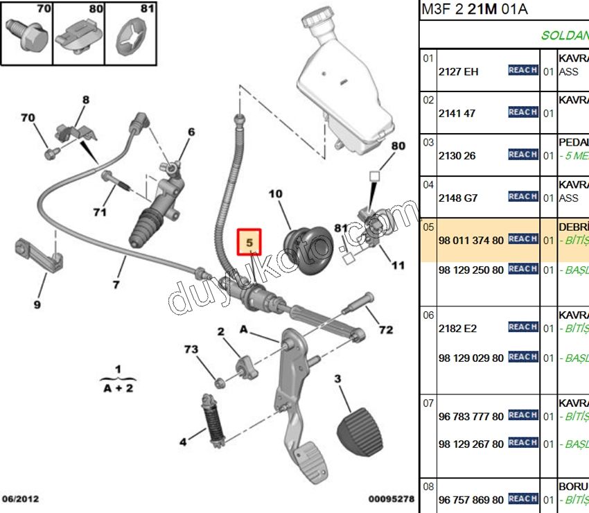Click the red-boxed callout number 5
pos(250,243)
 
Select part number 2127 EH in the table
pos(458,71)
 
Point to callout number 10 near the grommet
pos(276,193)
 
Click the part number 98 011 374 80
pos(471,240)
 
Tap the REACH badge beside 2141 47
pos(523,112)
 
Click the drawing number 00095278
pos(391,498)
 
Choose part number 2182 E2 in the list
pos(457,329)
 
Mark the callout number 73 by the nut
pos(192,349)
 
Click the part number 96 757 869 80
pos(471,500)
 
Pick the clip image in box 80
pos(78,36)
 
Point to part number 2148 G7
pos(458,198)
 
